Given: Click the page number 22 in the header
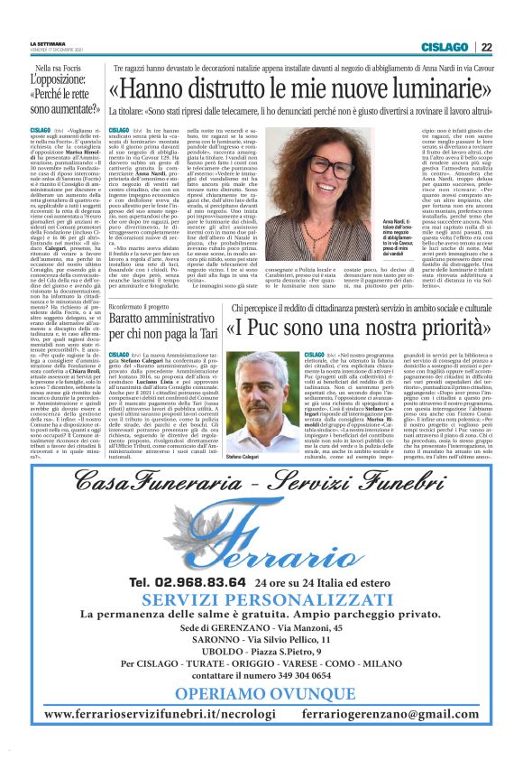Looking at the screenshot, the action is pos(486,47).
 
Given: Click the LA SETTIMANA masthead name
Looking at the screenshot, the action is pos(48,43).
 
